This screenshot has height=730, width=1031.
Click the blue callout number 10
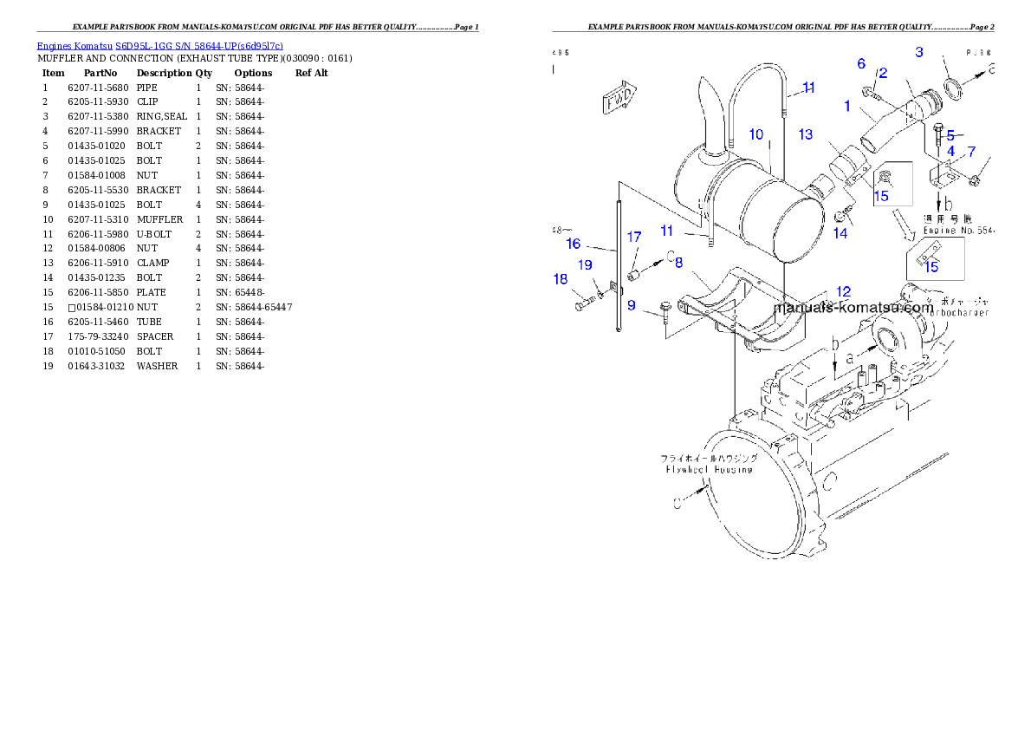tap(756, 134)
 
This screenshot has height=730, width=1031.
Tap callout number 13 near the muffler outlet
tap(806, 134)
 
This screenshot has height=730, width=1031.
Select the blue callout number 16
tap(574, 244)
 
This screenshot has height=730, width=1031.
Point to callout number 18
tap(561, 279)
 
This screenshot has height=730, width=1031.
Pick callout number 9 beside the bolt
tap(632, 305)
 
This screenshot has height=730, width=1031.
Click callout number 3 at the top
tap(919, 52)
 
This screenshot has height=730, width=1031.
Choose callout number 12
tap(843, 292)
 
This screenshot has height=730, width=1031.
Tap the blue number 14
tap(840, 232)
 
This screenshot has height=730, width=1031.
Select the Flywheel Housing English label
tap(709, 469)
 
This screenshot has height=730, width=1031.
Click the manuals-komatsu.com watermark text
tap(853, 307)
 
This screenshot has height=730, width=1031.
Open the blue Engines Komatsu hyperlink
tap(159, 46)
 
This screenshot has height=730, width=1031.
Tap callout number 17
tap(634, 237)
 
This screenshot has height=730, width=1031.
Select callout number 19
tap(586, 265)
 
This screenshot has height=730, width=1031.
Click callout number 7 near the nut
tap(971, 152)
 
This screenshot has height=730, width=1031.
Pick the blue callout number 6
tap(861, 63)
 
